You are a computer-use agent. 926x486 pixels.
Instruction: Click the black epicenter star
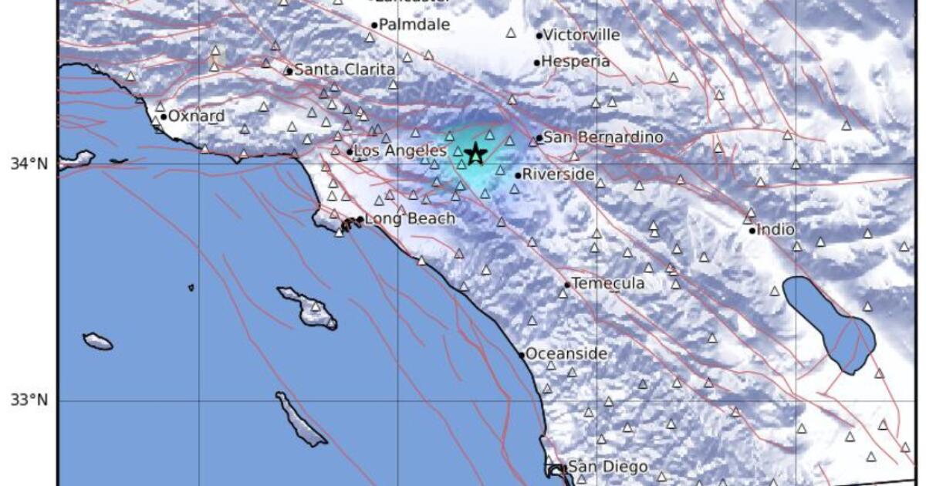click(x=475, y=153)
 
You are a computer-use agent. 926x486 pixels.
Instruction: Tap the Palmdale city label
click(x=414, y=25)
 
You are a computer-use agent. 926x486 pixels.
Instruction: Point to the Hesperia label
click(x=576, y=62)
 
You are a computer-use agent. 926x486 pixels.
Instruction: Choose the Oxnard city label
click(x=196, y=116)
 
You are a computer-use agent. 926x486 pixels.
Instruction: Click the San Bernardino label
click(x=603, y=137)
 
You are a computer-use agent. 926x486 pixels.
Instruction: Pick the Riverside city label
click(x=558, y=174)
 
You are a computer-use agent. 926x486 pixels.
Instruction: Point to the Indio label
click(x=776, y=229)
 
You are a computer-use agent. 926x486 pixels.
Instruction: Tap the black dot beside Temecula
click(x=567, y=285)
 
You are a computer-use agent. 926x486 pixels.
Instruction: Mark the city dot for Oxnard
click(x=164, y=117)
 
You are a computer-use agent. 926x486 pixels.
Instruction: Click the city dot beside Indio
click(x=752, y=230)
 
